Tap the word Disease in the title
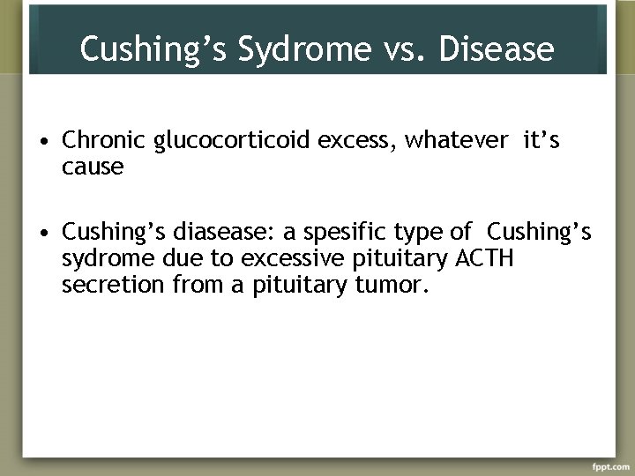[x=497, y=49]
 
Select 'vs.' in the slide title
[x=406, y=49]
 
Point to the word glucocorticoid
[x=226, y=141]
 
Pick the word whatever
[x=457, y=141]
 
